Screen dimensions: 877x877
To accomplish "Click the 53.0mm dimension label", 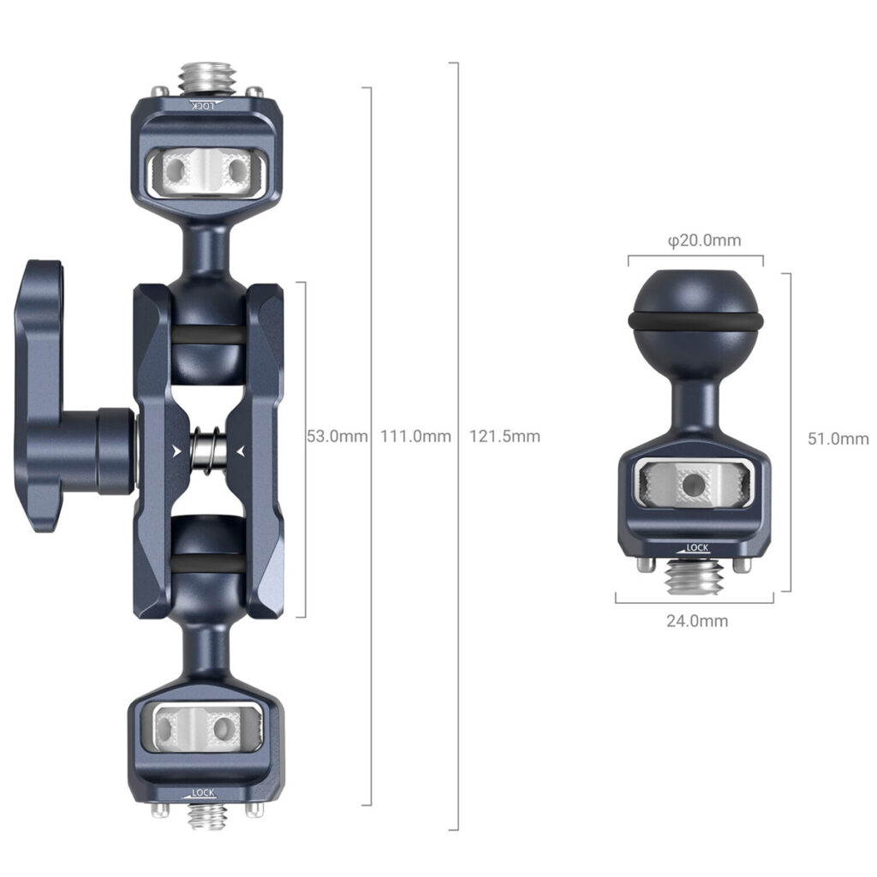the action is [337, 436].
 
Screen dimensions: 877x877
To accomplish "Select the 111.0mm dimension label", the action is [415, 436].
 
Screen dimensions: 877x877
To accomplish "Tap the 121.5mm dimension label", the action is [504, 436].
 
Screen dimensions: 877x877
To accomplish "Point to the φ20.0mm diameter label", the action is [705, 241].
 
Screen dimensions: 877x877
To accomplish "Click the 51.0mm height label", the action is [838, 438].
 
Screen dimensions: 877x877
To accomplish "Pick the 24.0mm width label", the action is [697, 621].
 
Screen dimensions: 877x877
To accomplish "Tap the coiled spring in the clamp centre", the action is [209, 450].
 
